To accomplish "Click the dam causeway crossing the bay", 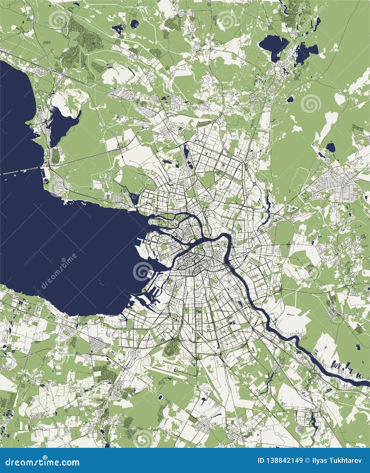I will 20,171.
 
